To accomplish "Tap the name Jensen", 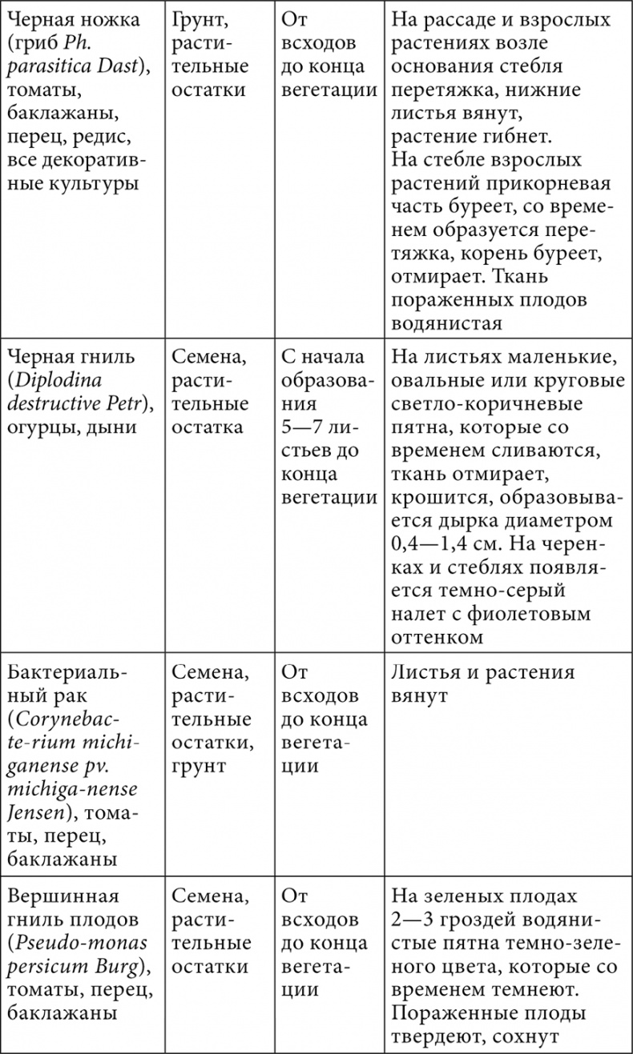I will click(x=38, y=813).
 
